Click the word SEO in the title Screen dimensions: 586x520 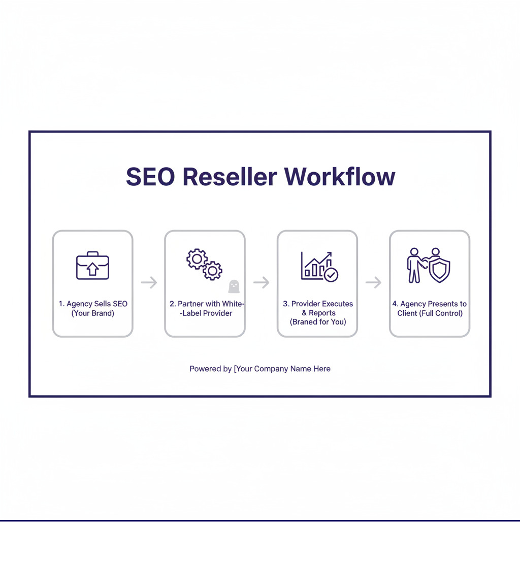click(150, 177)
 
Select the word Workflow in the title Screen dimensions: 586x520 click(339, 177)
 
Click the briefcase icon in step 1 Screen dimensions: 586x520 click(92, 266)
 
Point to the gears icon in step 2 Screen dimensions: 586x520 click(204, 265)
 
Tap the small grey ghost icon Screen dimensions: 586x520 click(234, 286)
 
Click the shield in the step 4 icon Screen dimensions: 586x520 click(439, 269)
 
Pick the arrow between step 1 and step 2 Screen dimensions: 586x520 click(149, 283)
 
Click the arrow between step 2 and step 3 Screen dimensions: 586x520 click(261, 283)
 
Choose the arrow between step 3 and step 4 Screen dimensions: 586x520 click(373, 283)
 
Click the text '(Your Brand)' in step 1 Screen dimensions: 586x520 click(93, 313)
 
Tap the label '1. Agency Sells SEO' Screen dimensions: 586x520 click(93, 304)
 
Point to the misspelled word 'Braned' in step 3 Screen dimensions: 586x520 click(303, 322)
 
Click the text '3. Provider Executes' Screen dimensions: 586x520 click(318, 304)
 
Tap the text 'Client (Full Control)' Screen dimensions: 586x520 click(430, 313)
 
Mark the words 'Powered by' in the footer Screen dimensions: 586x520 click(210, 369)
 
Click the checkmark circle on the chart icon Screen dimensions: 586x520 click(331, 275)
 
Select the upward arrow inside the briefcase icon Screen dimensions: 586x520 click(92, 269)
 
